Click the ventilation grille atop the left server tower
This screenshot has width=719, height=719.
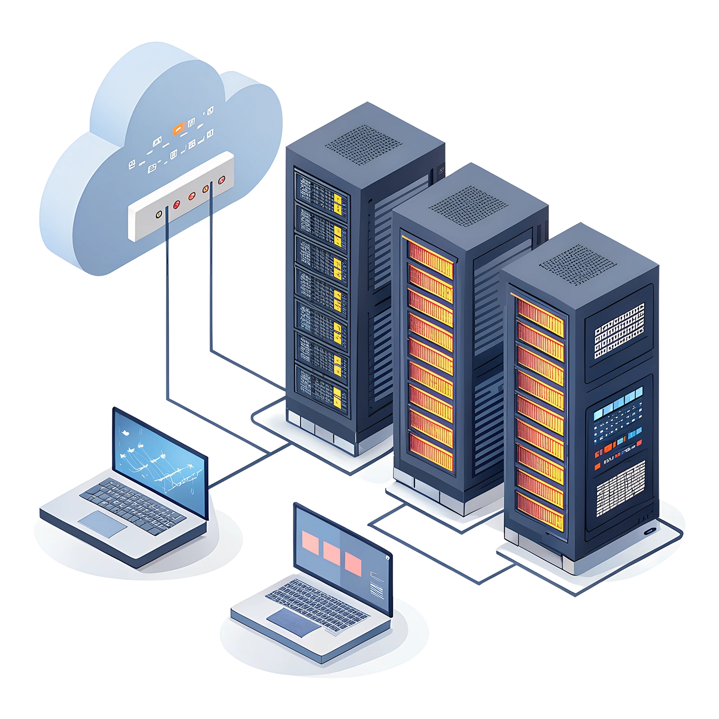[x=363, y=145]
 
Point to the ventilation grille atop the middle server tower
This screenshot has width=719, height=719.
[x=468, y=205]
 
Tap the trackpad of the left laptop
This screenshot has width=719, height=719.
[x=102, y=523]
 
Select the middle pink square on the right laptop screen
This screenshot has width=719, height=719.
[x=331, y=552]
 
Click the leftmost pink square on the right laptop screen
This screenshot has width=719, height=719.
[x=310, y=542]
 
